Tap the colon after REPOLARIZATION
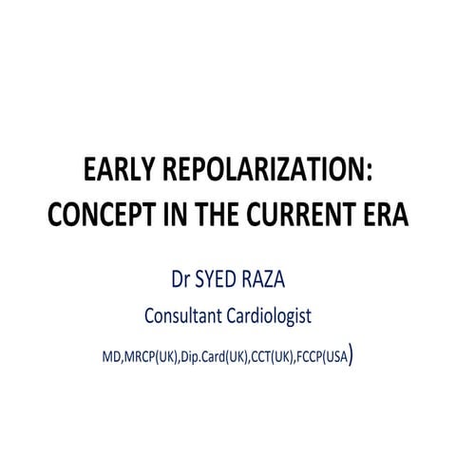(x=366, y=176)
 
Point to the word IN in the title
(x=177, y=214)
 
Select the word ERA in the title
(x=386, y=214)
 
